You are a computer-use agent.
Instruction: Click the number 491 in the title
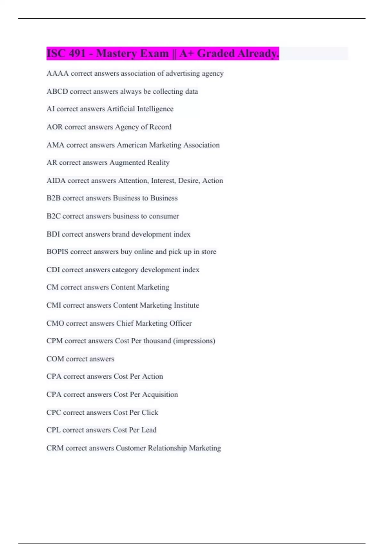tap(77, 53)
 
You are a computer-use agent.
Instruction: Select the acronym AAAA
tap(58, 74)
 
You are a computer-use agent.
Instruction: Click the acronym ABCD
tap(57, 92)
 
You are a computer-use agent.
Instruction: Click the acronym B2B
tap(53, 198)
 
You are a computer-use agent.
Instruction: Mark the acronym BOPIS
tap(57, 252)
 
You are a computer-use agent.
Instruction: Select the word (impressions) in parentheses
tap(194, 341)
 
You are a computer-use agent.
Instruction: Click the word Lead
tap(149, 430)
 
